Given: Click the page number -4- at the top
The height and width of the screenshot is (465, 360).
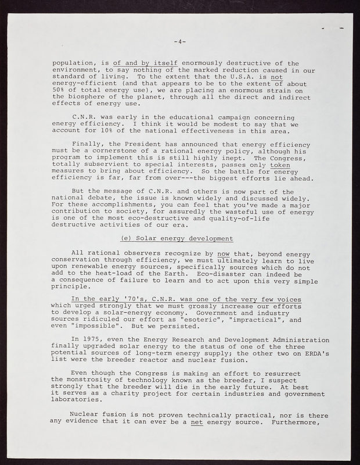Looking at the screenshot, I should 179,42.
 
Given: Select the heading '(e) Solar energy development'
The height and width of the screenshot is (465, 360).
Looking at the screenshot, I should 177,239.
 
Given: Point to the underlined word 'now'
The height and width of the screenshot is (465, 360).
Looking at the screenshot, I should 223,253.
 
